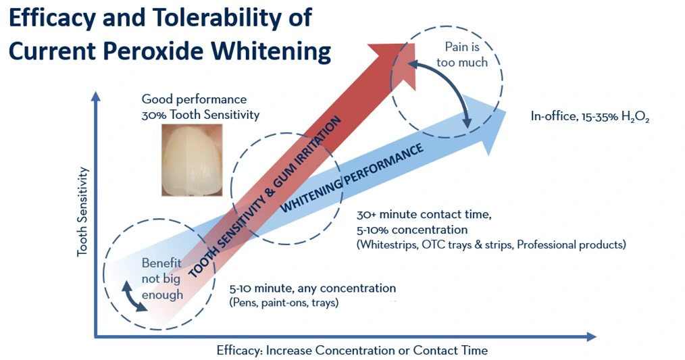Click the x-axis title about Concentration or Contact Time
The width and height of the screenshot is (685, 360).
(x=352, y=351)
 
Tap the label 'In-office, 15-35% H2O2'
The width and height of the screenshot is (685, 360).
(x=590, y=117)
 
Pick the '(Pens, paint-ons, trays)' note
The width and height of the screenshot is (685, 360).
(x=284, y=303)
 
